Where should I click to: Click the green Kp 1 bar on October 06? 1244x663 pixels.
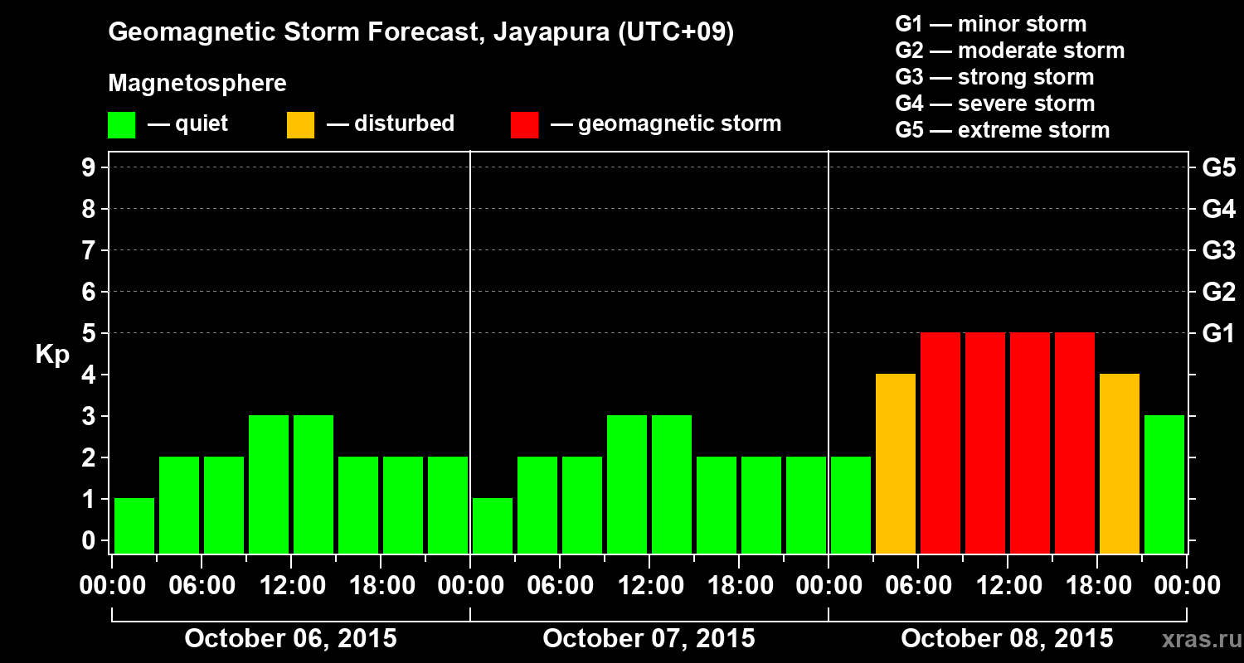(134, 525)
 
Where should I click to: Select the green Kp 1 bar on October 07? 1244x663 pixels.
(493, 525)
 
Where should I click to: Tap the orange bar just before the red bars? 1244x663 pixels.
(896, 463)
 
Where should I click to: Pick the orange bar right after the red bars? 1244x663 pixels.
(1120, 463)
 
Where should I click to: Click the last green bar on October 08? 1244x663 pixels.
(1164, 484)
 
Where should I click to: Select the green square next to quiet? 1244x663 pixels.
(122, 125)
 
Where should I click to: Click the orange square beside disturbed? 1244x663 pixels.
(301, 125)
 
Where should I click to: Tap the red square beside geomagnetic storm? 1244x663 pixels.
(525, 125)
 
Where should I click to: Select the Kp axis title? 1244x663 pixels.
(52, 355)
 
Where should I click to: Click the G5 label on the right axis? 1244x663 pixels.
(1218, 168)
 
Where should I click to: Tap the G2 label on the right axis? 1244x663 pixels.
(1218, 293)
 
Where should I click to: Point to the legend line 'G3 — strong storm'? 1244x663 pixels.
(994, 77)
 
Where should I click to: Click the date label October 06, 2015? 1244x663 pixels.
(290, 639)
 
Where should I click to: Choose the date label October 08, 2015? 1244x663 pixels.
(1007, 639)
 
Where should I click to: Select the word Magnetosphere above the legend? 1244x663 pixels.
(197, 84)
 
